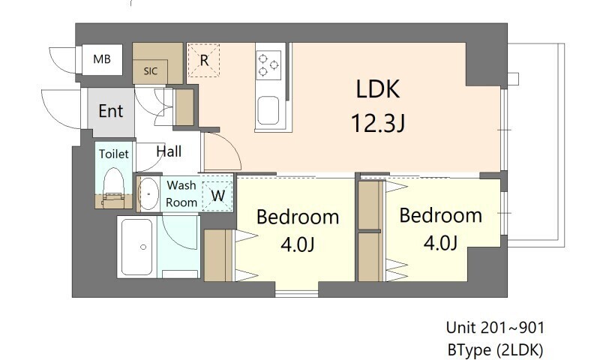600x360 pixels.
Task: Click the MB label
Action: pyautogui.click(x=102, y=59)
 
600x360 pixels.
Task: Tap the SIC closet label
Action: pyautogui.click(x=150, y=72)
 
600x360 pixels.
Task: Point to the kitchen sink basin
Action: pyautogui.click(x=268, y=111)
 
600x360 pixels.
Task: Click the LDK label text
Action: pyautogui.click(x=378, y=91)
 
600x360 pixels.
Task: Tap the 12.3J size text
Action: pyautogui.click(x=378, y=122)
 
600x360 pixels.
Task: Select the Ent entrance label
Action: pyautogui.click(x=111, y=112)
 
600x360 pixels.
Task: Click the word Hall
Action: pyautogui.click(x=169, y=151)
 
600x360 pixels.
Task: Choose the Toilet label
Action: pyautogui.click(x=114, y=154)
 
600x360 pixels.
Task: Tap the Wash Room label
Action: pyautogui.click(x=181, y=193)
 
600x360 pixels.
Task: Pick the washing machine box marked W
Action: pyautogui.click(x=218, y=195)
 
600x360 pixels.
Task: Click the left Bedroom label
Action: pyautogui.click(x=298, y=217)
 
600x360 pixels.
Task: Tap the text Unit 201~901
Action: pyautogui.click(x=495, y=328)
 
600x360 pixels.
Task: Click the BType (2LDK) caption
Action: pyautogui.click(x=495, y=349)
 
